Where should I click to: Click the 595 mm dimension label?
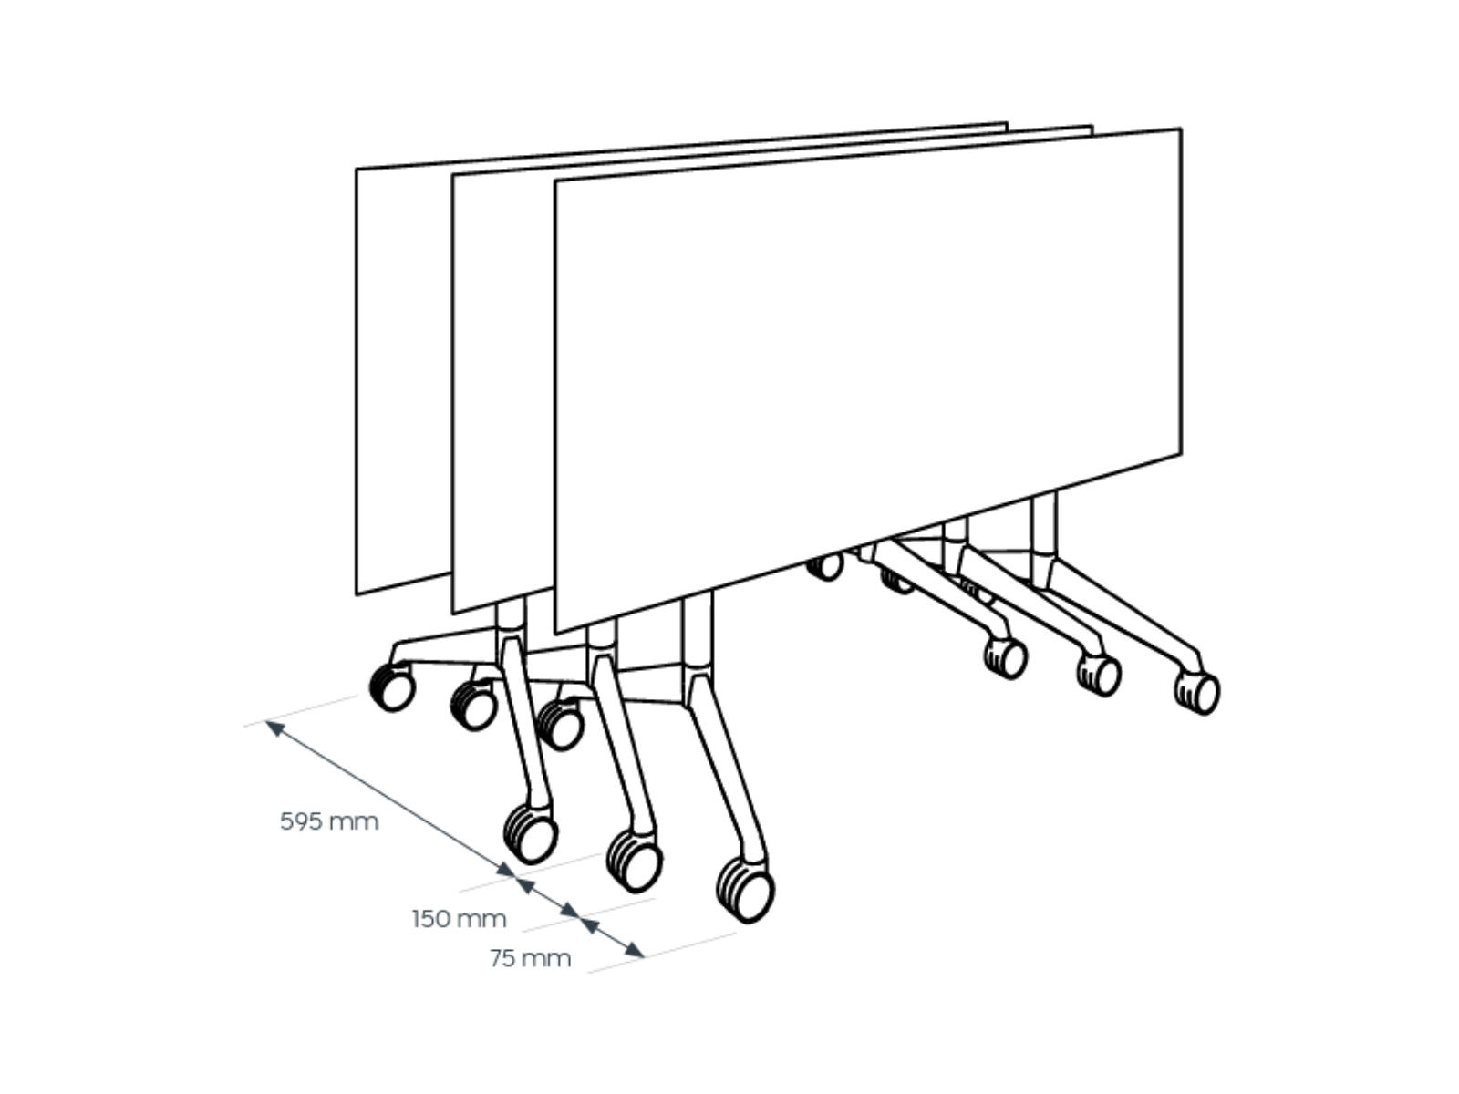[329, 821]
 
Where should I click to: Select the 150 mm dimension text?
[460, 919]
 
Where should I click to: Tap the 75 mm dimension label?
[531, 958]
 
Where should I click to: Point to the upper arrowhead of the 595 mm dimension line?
[274, 728]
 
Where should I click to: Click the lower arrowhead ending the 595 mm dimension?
[506, 870]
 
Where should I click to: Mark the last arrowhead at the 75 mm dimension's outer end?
[635, 950]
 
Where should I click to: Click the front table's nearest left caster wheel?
[746, 890]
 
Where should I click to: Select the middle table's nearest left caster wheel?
[635, 861]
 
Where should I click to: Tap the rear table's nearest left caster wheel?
[531, 834]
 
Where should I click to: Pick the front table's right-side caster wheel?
[1196, 693]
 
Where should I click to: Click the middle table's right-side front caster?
[1099, 676]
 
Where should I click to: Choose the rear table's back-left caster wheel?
[392, 687]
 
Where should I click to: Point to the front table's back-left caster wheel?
[560, 726]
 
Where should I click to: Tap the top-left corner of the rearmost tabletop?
[357, 170]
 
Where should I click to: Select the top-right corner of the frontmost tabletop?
[1181, 129]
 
